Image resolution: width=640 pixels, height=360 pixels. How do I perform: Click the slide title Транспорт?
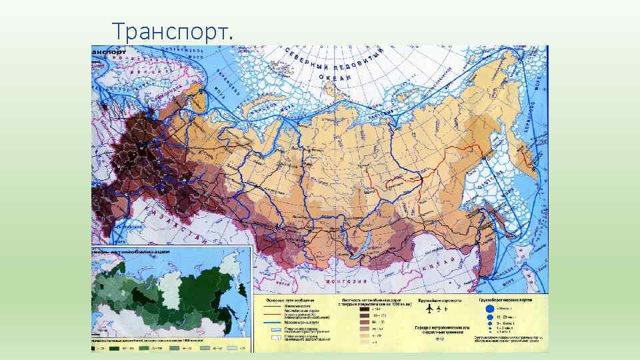173,31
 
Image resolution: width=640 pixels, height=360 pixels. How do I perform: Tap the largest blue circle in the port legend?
489,309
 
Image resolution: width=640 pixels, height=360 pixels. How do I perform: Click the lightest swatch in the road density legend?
365,344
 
